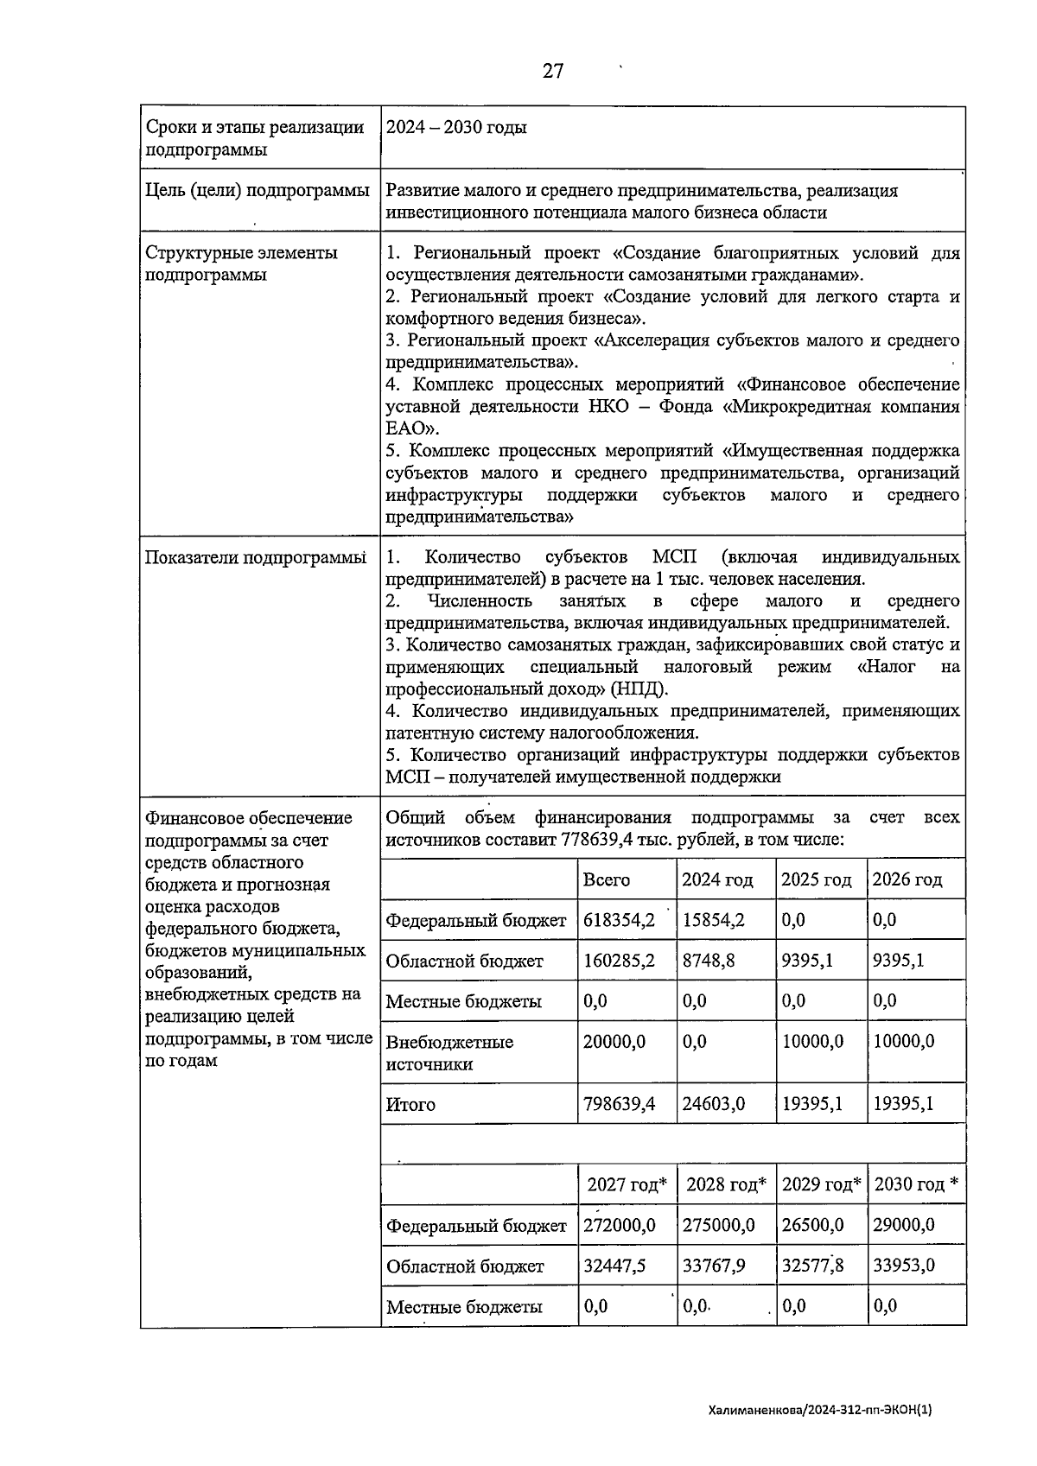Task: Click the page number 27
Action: point(553,72)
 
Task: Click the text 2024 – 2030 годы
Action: point(455,128)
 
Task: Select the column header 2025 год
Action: point(816,879)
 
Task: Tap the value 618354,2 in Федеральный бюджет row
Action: point(619,920)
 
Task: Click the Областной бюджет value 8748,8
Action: point(709,960)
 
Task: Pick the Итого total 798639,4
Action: point(619,1104)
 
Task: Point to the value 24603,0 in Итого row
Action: point(713,1104)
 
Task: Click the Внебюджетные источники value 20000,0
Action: point(614,1042)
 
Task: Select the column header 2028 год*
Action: point(726,1184)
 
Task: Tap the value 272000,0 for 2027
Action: point(619,1225)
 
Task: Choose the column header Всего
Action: point(607,879)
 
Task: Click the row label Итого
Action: point(410,1104)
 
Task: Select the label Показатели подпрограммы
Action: point(256,558)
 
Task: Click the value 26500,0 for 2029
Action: point(812,1225)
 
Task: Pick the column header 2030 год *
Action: point(915,1184)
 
